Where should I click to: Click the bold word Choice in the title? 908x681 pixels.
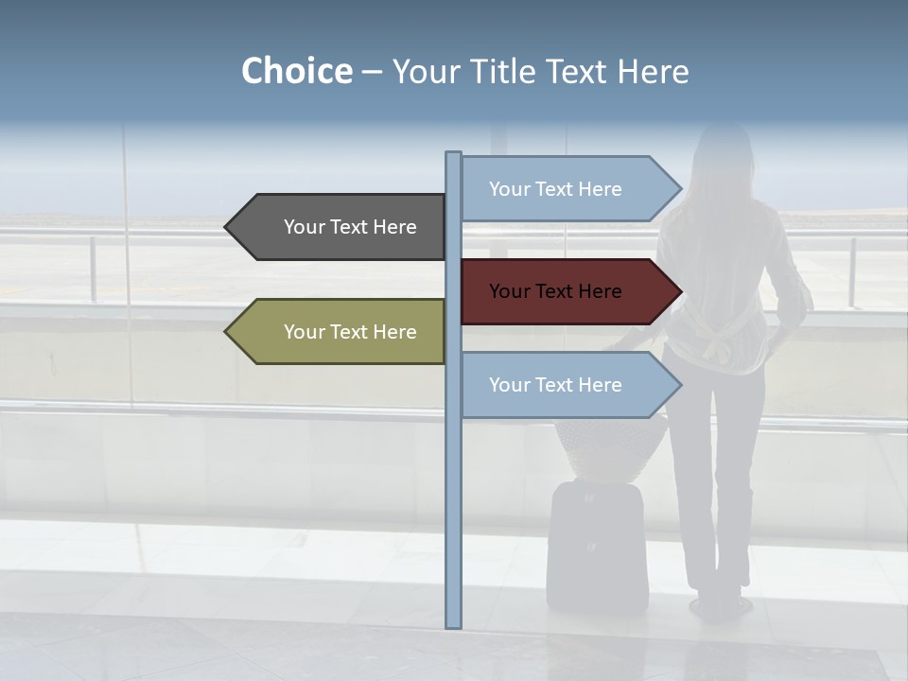coord(296,72)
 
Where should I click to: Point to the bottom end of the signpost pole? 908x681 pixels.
coord(453,623)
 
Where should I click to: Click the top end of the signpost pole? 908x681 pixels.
coord(453,155)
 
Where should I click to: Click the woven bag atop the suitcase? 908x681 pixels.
coord(610,449)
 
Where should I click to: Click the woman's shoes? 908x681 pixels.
coord(719,604)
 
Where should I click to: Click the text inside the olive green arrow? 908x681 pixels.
coord(350,332)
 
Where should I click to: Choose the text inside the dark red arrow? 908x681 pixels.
coord(555,291)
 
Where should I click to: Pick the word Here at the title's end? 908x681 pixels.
coord(653,72)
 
